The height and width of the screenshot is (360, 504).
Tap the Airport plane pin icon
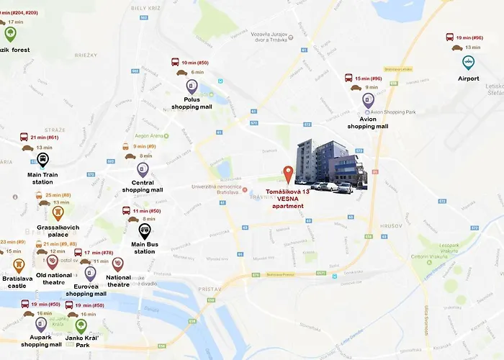click(x=468, y=62)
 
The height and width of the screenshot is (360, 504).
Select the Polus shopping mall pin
click(x=192, y=86)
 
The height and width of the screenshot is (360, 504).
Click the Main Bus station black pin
click(x=145, y=230)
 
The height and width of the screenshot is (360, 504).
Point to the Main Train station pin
click(x=42, y=159)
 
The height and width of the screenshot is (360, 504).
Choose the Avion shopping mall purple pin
click(x=368, y=100)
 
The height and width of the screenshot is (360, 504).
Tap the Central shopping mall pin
click(x=143, y=169)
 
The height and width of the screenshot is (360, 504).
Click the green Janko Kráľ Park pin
click(x=80, y=325)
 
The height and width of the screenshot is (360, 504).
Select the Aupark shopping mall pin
click(x=41, y=323)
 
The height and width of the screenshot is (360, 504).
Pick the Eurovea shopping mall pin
click(x=90, y=274)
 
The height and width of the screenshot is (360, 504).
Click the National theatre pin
click(x=118, y=264)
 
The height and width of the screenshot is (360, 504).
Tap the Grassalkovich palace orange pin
click(x=58, y=212)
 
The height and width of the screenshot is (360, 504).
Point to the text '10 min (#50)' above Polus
click(x=194, y=63)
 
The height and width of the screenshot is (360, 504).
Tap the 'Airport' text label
click(x=468, y=78)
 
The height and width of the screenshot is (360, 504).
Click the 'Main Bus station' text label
click(x=145, y=248)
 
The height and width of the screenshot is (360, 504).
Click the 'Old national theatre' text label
click(x=54, y=278)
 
